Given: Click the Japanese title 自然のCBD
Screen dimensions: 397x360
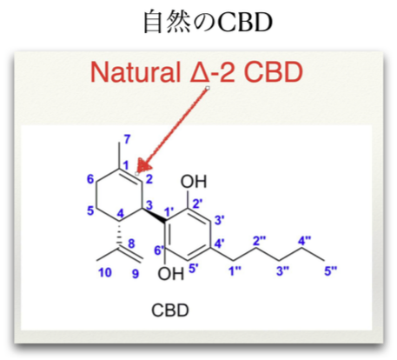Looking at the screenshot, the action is pos(208,22).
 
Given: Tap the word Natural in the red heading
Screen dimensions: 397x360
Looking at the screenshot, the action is pos(135,72).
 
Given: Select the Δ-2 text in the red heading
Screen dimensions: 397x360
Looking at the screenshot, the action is pos(212,72).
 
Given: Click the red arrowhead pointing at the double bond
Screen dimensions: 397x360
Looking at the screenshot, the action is pos(144,166).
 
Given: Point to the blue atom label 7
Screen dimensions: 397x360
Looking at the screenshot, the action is pos(127,140).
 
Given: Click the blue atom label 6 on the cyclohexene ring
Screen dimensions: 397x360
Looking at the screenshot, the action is pos(90,179).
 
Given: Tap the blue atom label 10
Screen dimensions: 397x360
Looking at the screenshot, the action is pos(105,273).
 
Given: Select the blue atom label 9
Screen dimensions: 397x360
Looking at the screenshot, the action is pos(136,274).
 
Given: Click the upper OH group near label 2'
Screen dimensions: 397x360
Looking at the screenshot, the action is pos(194,182).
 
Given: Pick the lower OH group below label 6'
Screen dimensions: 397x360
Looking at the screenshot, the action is pos(171,273).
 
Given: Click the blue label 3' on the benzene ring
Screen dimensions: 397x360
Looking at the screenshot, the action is pos(220,220).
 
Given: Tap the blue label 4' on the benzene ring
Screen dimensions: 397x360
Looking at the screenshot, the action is pos(220,243).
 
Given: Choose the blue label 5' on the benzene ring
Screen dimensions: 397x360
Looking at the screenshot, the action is pos(194,269).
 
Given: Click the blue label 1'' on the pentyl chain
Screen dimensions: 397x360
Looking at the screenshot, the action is pos(235,271).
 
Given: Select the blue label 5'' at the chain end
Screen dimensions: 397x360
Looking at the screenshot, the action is pos(331,271).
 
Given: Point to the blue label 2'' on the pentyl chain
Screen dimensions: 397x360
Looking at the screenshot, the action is pos(259,241).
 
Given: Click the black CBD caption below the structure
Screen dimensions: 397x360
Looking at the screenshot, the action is pos(170,310).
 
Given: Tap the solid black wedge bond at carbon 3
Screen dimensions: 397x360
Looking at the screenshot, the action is pos(155,216).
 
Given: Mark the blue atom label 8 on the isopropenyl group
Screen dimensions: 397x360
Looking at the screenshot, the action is pos(131,243).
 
